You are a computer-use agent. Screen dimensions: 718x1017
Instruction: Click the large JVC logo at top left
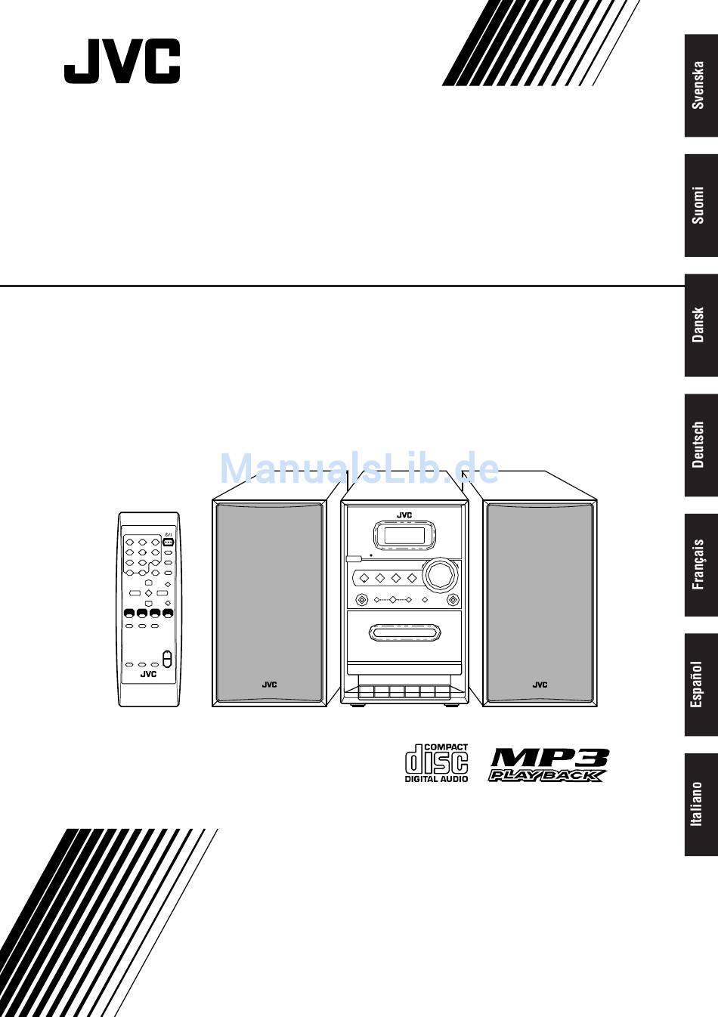point(122,61)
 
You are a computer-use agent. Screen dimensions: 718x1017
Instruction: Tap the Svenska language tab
point(701,85)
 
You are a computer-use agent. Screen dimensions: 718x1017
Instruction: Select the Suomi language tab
point(701,206)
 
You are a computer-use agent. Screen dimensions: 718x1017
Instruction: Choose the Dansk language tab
point(701,325)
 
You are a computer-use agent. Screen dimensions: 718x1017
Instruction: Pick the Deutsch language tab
point(701,445)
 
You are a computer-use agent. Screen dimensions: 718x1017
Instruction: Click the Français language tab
point(701,565)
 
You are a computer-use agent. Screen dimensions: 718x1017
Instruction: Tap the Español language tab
point(701,685)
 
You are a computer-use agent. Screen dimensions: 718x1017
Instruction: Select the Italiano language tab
point(701,805)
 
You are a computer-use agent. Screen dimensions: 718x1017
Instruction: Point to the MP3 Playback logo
point(549,765)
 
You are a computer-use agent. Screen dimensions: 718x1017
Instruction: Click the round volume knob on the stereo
point(439,575)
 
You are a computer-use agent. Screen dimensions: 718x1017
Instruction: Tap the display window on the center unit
point(404,535)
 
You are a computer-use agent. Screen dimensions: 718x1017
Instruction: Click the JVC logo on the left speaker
point(269,685)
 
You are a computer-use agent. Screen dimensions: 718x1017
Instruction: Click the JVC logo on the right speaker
point(540,685)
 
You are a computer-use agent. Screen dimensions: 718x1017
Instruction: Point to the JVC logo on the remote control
point(148,674)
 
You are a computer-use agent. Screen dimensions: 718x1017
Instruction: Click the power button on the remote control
point(168,543)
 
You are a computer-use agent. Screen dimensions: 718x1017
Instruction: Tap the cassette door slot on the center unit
point(404,632)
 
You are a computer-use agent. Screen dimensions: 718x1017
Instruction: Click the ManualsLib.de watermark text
point(359,468)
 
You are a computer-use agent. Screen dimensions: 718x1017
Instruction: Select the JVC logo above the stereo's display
point(404,515)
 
